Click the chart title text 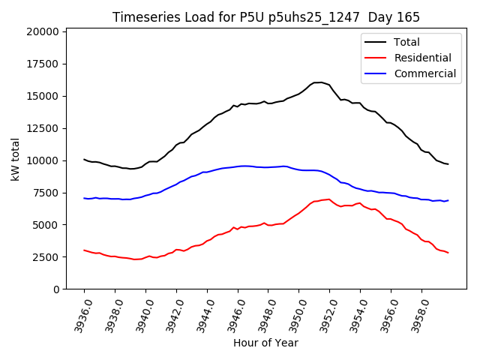[x=266, y=16]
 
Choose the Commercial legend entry [x=424, y=73]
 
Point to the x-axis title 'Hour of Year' [x=265, y=343]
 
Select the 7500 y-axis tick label [x=46, y=193]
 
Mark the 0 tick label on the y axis [x=56, y=289]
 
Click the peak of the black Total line [x=319, y=82]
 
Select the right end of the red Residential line [x=448, y=253]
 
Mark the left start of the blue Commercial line [x=84, y=198]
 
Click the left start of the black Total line [x=84, y=159]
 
